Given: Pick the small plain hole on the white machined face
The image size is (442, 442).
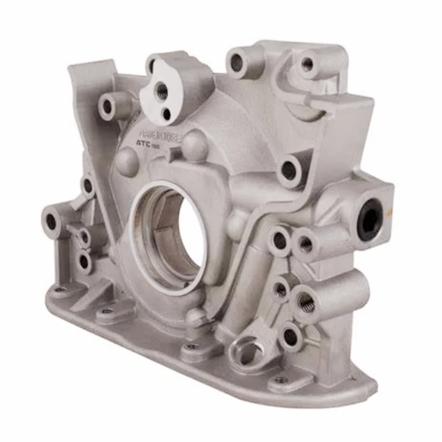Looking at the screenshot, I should pyautogui.click(x=166, y=113).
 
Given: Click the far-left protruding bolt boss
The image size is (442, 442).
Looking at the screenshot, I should pyautogui.click(x=51, y=222).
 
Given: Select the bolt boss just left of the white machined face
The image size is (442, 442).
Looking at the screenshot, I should pyautogui.click(x=108, y=106).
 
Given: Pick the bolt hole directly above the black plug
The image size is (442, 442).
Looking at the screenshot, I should pyautogui.click(x=289, y=170).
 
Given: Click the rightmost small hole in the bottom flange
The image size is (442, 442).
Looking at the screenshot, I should pyautogui.click(x=281, y=381).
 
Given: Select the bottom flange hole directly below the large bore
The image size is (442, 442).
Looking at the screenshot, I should pyautogui.click(x=193, y=346).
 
